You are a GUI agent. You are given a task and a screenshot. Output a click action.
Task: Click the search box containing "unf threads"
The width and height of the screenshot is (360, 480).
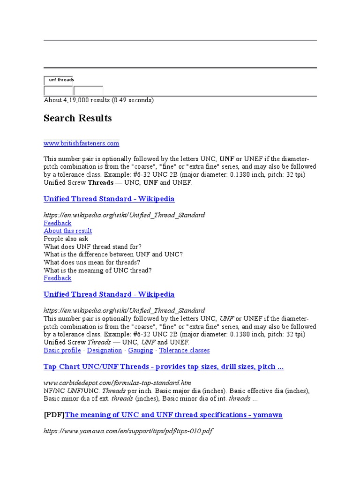[59, 80]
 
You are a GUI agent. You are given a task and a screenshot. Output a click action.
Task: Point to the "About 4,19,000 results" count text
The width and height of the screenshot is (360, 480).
[98, 100]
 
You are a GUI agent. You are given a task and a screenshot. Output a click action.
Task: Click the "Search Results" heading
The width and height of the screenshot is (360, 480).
[78, 118]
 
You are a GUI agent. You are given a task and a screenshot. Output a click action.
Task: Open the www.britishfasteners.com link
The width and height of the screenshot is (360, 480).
[82, 143]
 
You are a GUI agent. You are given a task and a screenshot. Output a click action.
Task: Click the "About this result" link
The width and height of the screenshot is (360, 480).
[67, 231]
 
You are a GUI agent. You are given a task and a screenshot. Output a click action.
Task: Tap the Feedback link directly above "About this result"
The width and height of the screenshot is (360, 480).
[57, 223]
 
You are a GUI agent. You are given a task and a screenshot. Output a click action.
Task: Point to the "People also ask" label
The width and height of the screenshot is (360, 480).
[66, 239]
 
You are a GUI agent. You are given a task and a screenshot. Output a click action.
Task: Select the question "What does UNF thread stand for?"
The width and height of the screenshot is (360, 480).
[92, 247]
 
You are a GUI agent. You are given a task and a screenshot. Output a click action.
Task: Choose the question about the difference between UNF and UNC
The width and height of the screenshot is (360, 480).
[113, 255]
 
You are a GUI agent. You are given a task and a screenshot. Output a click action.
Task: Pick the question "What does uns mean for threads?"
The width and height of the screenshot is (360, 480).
[92, 262]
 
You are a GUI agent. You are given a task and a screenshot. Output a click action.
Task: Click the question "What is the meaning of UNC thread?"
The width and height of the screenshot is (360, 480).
[97, 270]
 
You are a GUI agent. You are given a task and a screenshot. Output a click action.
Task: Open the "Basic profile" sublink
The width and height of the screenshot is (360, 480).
[62, 350]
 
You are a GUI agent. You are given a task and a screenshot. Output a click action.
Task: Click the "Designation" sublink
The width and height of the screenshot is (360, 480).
[105, 350]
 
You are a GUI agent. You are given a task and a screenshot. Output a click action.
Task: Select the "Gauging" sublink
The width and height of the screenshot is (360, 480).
[141, 350]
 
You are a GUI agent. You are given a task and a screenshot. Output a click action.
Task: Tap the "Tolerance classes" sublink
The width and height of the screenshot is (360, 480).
[184, 350]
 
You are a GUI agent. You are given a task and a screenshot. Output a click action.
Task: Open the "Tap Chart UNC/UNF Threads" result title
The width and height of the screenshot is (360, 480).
[164, 367]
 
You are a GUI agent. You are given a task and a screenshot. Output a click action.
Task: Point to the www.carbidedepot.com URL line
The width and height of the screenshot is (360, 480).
[117, 383]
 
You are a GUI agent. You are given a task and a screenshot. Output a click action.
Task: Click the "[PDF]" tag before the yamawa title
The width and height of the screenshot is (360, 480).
[54, 415]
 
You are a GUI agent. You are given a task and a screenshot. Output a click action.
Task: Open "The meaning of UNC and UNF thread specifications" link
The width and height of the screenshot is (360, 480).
[173, 415]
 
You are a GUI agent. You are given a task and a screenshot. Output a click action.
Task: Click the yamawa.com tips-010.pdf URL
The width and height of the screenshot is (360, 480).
[128, 431]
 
